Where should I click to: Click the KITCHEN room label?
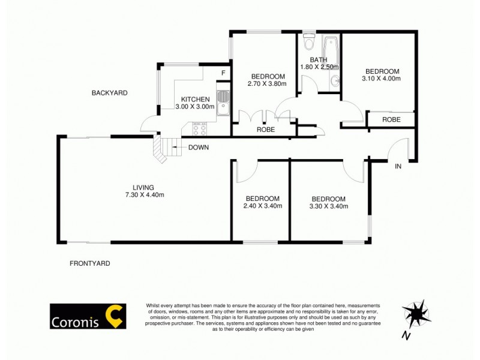[195, 99]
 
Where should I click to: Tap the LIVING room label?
[144, 187]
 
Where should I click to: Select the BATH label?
[318, 59]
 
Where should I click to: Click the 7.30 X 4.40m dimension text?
[144, 194]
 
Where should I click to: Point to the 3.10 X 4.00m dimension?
[380, 78]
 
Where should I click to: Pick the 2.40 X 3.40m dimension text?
[262, 206]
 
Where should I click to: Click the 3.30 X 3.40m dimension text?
[328, 206]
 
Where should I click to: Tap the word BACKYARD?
[110, 93]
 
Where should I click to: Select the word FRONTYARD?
[90, 263]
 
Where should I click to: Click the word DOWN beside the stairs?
[198, 148]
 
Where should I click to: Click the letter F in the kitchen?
[223, 73]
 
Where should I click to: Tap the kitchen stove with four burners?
[200, 128]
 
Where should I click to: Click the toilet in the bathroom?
[309, 44]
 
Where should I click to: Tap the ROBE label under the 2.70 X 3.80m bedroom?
[265, 129]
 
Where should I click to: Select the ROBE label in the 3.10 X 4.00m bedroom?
[392, 119]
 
